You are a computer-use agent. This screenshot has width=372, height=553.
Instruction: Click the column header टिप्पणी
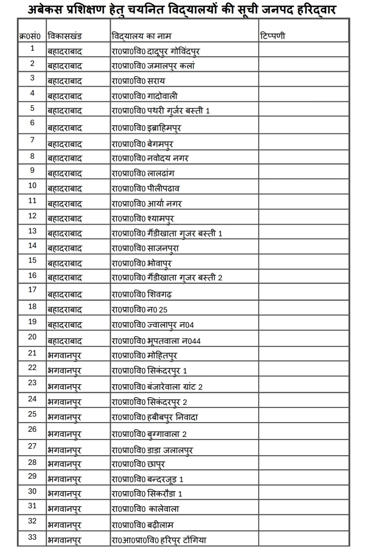click(273, 36)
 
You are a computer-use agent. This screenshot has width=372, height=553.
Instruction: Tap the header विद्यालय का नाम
click(141, 36)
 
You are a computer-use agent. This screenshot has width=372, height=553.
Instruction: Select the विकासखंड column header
click(65, 36)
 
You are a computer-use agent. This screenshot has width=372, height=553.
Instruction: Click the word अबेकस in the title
click(45, 9)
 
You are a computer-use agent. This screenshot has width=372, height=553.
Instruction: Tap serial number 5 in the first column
click(32, 108)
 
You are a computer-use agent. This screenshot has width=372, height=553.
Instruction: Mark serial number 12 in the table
click(32, 216)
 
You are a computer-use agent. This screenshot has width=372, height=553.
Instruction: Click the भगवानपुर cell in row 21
click(64, 356)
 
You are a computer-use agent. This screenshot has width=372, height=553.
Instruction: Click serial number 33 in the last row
click(32, 537)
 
